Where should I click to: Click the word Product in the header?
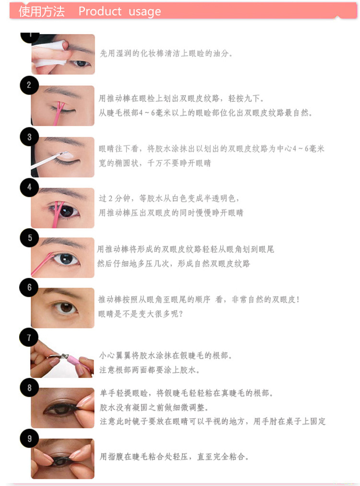100,11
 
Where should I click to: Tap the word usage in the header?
144,12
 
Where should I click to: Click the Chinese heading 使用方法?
41,12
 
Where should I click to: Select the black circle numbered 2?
29,85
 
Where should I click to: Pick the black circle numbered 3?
29,137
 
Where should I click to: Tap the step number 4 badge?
29,187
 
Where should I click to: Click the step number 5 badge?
29,238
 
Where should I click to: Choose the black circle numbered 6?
29,287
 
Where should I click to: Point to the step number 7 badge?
29,337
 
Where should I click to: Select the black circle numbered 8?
29,388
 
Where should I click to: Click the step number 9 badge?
29,438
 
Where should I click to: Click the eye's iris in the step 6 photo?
66,307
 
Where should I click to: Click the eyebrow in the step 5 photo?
63,243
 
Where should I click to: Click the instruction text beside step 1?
166,53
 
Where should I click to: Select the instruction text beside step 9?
174,456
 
